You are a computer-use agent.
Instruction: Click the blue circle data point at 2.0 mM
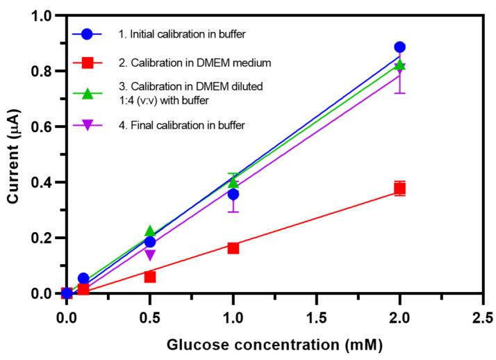pos(399,47)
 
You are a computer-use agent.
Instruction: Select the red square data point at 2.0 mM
pos(399,188)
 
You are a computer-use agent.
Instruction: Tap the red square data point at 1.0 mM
pos(233,247)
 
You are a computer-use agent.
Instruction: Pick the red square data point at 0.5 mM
pos(150,277)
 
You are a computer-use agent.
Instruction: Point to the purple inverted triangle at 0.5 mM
pos(150,255)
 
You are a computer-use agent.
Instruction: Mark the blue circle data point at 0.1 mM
pos(83,279)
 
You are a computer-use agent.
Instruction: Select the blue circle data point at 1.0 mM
pos(233,194)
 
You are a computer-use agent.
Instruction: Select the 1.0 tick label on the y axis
pos(43,15)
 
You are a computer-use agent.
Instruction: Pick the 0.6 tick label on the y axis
pos(43,126)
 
